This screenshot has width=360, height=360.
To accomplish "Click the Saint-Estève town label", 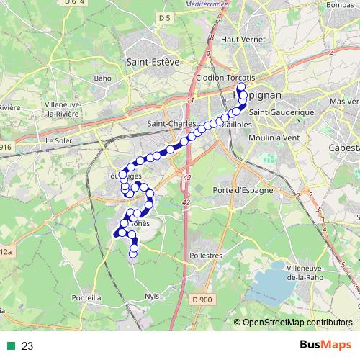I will point(152,62).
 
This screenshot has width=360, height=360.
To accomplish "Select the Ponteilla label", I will point(86,297).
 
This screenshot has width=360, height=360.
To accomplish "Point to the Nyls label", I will point(151,296).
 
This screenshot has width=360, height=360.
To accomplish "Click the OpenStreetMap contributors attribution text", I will point(297,323).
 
